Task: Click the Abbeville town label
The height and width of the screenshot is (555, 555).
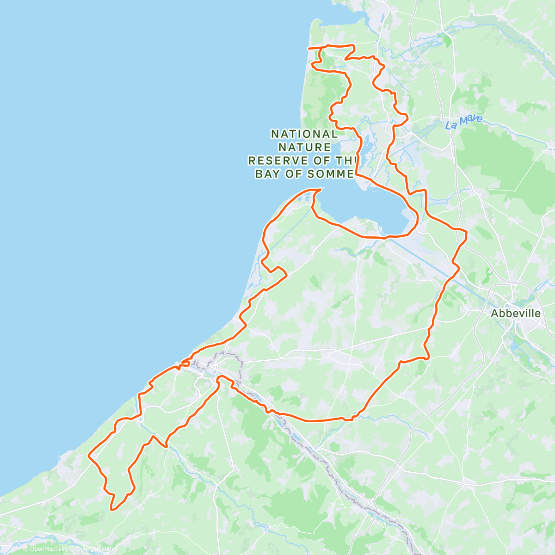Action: [515, 313]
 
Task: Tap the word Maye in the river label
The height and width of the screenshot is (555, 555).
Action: [471, 121]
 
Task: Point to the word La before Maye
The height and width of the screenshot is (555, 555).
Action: [452, 125]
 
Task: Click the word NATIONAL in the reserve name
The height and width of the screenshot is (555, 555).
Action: [304, 134]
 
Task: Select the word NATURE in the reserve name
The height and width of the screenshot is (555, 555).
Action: [304, 148]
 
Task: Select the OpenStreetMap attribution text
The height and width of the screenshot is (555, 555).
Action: [97, 549]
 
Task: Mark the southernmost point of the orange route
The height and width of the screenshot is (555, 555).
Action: [111, 510]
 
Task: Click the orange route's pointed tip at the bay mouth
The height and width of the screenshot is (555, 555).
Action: [320, 189]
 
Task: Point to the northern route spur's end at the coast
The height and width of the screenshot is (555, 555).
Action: [309, 48]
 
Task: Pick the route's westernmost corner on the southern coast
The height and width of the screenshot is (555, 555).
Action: [88, 455]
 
